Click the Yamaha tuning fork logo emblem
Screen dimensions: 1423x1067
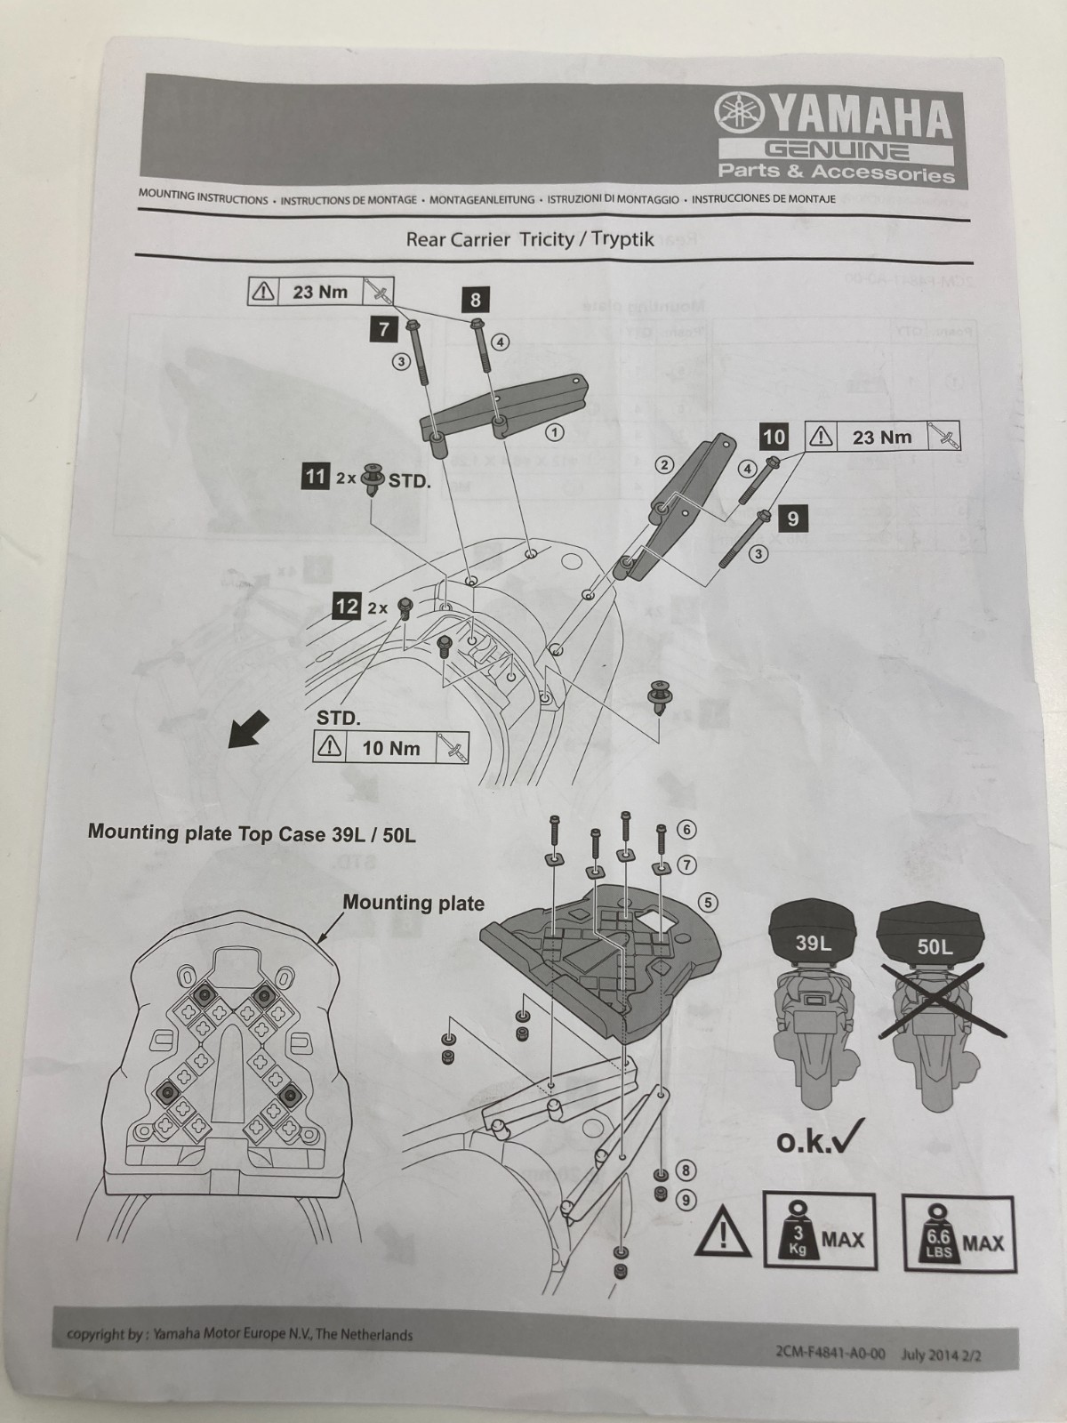coord(738,114)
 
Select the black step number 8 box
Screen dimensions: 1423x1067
coord(476,301)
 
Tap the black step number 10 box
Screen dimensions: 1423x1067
coord(774,437)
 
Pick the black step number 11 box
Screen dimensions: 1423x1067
coord(315,478)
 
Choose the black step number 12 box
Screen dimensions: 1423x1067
coord(345,607)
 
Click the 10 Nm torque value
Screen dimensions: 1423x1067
coord(391,748)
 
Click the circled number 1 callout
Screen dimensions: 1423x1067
coord(555,433)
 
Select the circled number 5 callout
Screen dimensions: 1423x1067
coord(709,902)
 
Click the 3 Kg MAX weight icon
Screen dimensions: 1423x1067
coord(819,1232)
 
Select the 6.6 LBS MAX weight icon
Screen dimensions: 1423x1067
coord(959,1234)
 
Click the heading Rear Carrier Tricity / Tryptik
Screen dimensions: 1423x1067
coord(529,239)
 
